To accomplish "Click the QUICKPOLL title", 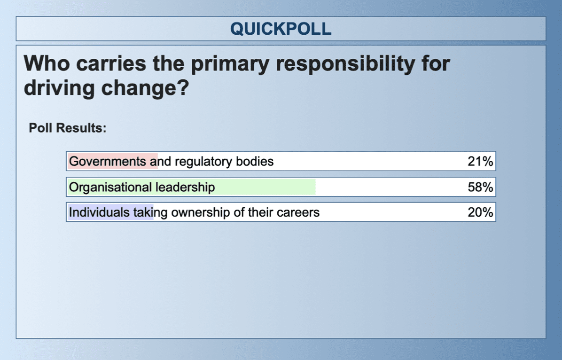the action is click(x=281, y=29).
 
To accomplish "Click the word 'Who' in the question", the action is click(x=47, y=63).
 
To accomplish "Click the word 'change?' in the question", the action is click(x=145, y=88).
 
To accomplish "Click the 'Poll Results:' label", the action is click(x=67, y=128).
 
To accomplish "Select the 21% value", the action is click(x=480, y=161).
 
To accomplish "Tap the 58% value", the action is click(x=480, y=187).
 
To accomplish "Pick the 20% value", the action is click(x=480, y=212).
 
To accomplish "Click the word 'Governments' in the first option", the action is click(x=108, y=161).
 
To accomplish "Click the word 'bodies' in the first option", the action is click(x=255, y=161).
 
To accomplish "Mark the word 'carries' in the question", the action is click(x=111, y=63).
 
